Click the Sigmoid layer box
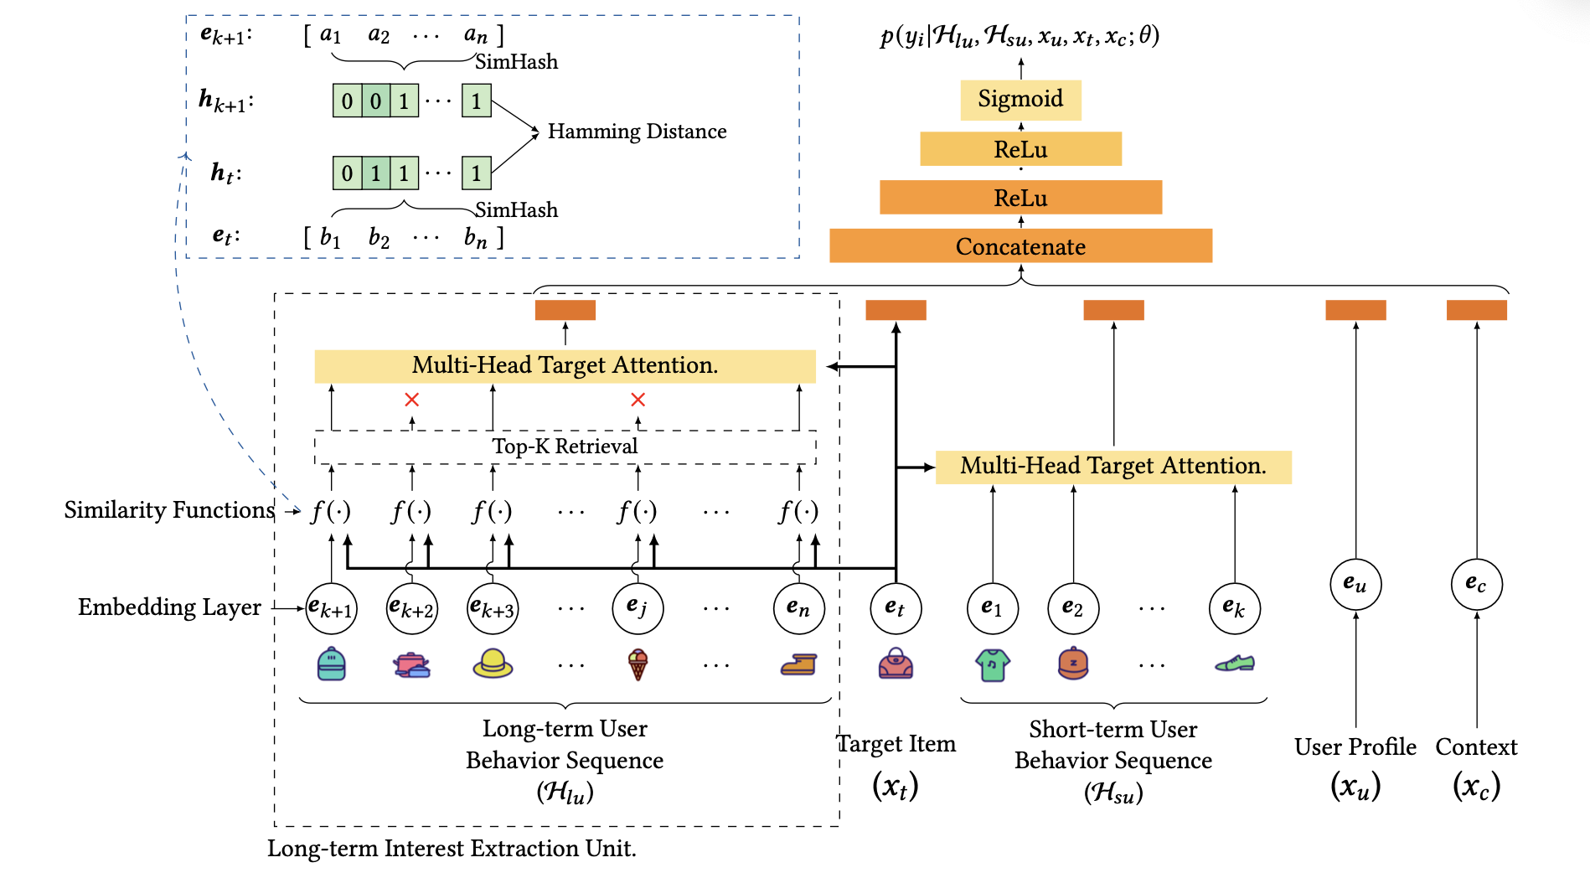click(1020, 100)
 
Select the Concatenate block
click(1020, 246)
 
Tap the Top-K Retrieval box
click(565, 447)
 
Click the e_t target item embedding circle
click(896, 608)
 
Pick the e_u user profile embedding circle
click(1355, 584)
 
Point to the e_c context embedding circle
click(1476, 584)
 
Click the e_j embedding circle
click(638, 608)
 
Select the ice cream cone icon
click(638, 665)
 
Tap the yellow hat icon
click(493, 664)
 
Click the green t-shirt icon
click(993, 665)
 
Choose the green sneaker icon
click(1235, 664)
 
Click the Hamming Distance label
click(637, 132)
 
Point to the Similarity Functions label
click(169, 510)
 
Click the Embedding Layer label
click(169, 607)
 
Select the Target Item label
click(896, 744)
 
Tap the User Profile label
click(1355, 746)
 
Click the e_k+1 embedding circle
click(331, 608)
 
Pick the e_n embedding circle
click(798, 608)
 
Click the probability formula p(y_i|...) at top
click(1020, 36)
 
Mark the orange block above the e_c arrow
click(1476, 310)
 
